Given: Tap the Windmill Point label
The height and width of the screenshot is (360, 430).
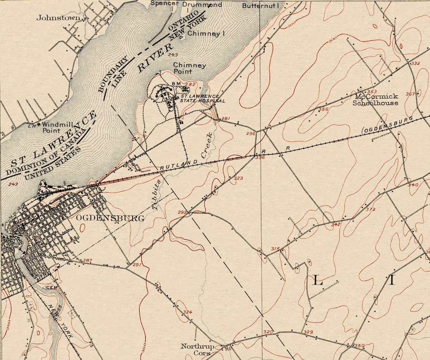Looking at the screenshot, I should click(x=52, y=127).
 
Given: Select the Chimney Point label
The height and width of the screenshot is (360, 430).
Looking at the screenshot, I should click(x=189, y=68).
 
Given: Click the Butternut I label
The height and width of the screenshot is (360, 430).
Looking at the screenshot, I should click(x=260, y=6).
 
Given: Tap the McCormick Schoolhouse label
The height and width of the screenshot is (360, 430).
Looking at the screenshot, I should click(x=375, y=100).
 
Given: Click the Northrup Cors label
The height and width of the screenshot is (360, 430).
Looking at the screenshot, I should click(x=197, y=349).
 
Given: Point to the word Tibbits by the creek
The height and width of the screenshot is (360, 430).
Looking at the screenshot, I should click(x=156, y=194).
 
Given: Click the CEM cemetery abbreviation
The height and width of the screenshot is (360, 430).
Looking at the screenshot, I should click(x=51, y=287).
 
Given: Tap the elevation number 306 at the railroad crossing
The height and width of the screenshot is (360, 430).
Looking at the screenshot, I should click(x=260, y=157).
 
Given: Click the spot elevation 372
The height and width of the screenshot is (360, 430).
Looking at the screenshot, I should click(x=370, y=209).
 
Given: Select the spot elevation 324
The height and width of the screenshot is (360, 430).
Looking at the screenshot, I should click(x=187, y=312).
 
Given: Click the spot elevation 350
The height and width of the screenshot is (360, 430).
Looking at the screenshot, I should click(x=359, y=346).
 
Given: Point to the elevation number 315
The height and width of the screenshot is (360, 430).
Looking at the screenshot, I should click(x=275, y=249).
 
